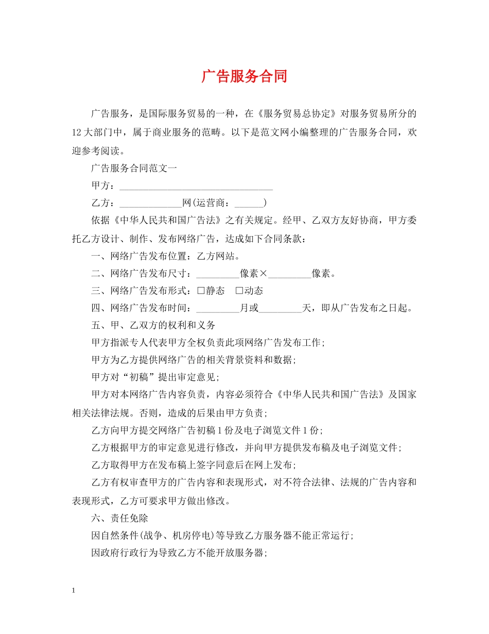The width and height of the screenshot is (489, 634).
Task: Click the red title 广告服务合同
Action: point(244,76)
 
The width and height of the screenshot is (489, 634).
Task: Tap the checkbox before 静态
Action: point(201,291)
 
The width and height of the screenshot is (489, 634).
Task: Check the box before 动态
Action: point(239,291)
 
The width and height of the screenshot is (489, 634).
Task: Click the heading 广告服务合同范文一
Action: point(134,168)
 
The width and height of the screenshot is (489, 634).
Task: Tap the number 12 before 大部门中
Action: point(78,132)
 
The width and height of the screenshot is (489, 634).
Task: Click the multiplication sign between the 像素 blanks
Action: point(263,273)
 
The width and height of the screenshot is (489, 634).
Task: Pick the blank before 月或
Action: point(218,308)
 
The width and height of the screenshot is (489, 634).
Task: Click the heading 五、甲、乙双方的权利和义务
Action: point(153,326)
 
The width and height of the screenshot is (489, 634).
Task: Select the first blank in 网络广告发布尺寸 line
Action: point(218,273)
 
